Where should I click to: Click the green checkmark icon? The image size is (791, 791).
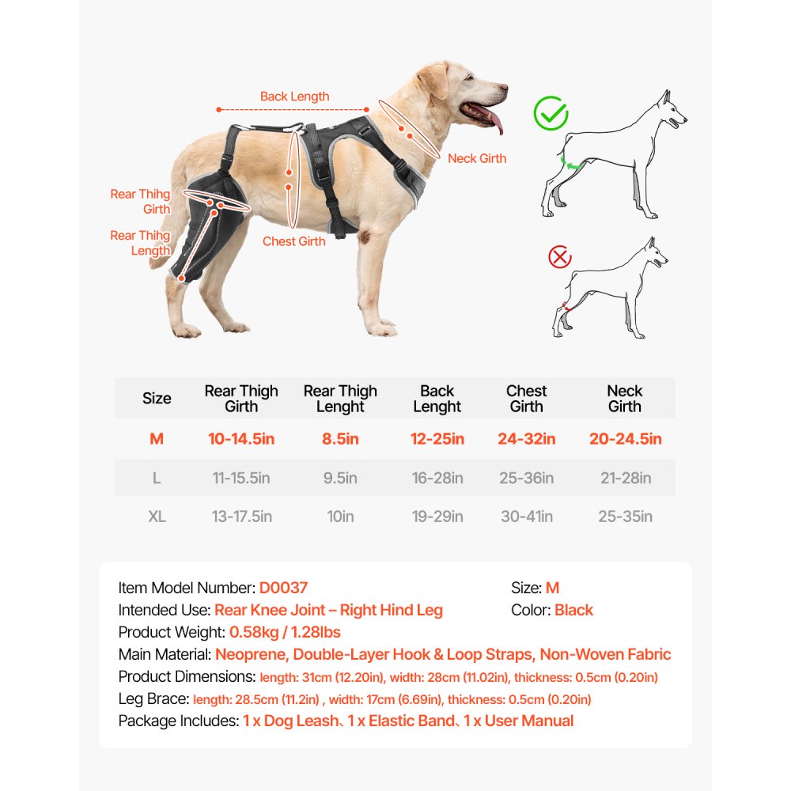(551, 113)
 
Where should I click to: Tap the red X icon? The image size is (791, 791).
(560, 257)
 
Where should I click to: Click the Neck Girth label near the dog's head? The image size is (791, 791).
(476, 158)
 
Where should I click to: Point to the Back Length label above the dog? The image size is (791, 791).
(294, 97)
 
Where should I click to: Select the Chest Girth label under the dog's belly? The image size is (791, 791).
(293, 241)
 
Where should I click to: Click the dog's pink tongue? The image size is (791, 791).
(494, 121)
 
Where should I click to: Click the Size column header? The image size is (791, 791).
(157, 398)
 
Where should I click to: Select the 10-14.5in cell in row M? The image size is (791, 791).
(241, 439)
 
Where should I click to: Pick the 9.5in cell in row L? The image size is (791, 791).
(340, 479)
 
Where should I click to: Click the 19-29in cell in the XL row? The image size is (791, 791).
(437, 517)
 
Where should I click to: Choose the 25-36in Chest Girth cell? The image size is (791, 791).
(527, 479)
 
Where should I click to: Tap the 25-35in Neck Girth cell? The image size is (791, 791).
(625, 517)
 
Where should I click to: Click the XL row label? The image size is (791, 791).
(157, 517)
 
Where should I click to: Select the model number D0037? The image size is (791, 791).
(283, 588)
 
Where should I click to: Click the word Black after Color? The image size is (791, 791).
(573, 610)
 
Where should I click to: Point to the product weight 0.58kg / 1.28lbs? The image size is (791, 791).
(285, 632)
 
